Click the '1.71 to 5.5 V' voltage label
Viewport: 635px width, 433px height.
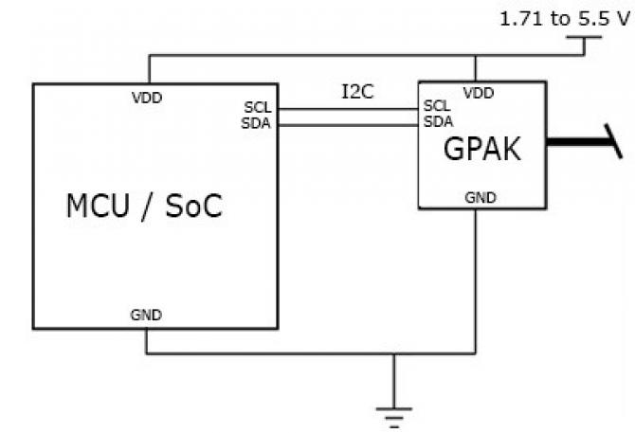pyautogui.click(x=564, y=18)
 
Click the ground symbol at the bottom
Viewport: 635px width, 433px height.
pyautogui.click(x=393, y=413)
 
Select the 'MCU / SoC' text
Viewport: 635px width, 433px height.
pyautogui.click(x=145, y=207)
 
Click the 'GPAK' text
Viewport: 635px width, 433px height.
pyautogui.click(x=482, y=149)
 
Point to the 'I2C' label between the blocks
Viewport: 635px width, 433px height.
pyautogui.click(x=357, y=93)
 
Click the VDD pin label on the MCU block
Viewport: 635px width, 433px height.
pyautogui.click(x=147, y=97)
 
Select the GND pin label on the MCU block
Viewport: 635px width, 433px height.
pyautogui.click(x=147, y=316)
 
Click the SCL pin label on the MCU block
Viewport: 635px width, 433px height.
pyautogui.click(x=259, y=108)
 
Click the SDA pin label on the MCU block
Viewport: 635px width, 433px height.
pyautogui.click(x=259, y=121)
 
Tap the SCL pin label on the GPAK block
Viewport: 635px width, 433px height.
pyautogui.click(x=437, y=106)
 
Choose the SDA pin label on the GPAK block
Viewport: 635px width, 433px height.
pyautogui.click(x=437, y=120)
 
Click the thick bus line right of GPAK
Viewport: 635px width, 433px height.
pyautogui.click(x=578, y=145)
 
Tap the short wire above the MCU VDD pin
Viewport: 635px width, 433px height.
pyautogui.click(x=148, y=69)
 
